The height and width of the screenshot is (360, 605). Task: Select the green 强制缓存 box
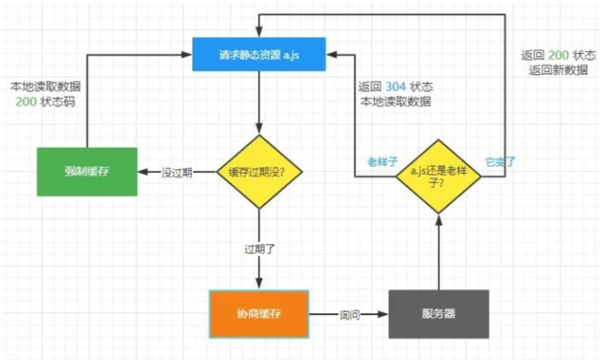(x=87, y=171)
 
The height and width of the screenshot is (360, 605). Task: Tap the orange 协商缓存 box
(x=258, y=314)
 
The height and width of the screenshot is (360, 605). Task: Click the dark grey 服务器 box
(x=439, y=314)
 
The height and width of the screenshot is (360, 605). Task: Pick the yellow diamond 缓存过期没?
(x=259, y=172)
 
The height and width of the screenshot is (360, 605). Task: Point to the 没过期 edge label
(x=177, y=172)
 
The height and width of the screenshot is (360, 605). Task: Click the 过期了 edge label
(x=259, y=248)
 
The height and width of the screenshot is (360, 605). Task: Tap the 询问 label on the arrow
(x=349, y=315)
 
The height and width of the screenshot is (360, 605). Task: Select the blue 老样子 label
(x=381, y=162)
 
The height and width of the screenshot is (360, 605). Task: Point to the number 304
(x=395, y=88)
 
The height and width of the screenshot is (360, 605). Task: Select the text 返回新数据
(x=558, y=70)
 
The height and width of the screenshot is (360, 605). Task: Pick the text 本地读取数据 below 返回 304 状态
(x=395, y=102)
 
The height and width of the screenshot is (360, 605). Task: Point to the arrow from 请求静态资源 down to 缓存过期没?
(x=259, y=103)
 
